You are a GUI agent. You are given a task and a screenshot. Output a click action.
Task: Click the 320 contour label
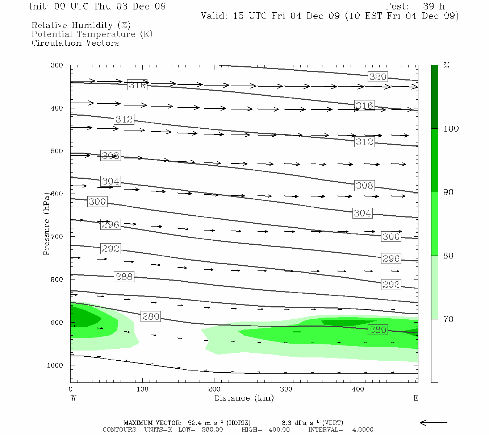(378, 76)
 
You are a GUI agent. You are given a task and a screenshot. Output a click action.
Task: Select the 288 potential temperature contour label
(124, 277)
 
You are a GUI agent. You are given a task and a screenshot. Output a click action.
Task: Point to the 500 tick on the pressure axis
(57, 151)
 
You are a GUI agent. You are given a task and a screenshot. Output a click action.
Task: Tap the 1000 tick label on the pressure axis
(55, 365)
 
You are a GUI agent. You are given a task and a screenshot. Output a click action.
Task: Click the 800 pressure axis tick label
(57, 280)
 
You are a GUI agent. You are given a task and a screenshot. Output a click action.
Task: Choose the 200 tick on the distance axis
(214, 389)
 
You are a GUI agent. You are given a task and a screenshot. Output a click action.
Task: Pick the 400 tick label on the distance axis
(358, 389)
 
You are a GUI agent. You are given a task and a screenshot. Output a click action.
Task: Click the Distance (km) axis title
(244, 398)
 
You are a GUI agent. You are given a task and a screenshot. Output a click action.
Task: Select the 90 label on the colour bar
(448, 192)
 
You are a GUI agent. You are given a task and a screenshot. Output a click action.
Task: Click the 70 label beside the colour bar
(448, 319)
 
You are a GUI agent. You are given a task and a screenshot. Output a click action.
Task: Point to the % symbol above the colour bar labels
(446, 66)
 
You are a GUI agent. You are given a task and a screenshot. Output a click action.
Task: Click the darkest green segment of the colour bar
(434, 97)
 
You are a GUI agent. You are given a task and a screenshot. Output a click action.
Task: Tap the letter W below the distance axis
(73, 398)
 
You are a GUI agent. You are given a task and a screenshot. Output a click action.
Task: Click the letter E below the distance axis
(416, 398)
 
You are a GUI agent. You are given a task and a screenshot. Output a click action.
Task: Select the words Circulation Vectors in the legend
(75, 43)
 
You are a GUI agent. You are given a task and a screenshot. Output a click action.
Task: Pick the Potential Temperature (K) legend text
(92, 34)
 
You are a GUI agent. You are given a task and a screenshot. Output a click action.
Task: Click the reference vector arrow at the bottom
(434, 422)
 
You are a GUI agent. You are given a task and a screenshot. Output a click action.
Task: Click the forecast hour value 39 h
(434, 7)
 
